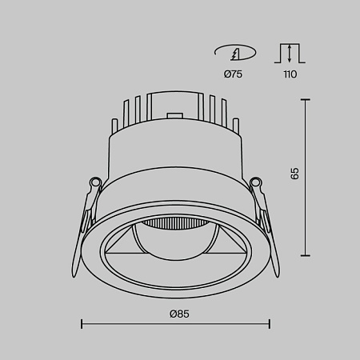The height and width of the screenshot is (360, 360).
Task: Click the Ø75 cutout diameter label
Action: click(x=234, y=74)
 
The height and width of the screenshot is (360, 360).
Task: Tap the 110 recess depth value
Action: click(x=289, y=74)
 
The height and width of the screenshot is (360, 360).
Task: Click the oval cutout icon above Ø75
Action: click(x=234, y=54)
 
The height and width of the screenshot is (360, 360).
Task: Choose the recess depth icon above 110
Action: click(x=289, y=54)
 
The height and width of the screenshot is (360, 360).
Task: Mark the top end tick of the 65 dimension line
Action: click(x=305, y=99)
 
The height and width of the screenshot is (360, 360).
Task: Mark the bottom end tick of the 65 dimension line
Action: click(x=305, y=255)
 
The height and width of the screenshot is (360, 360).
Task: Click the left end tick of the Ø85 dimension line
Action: click(x=82, y=324)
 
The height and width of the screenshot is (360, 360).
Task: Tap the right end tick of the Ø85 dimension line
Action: click(x=270, y=324)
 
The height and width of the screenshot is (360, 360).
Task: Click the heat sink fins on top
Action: click(x=176, y=112)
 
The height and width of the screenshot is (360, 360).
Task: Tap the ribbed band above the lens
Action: click(x=176, y=222)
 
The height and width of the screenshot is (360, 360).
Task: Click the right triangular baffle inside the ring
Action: click(x=234, y=243)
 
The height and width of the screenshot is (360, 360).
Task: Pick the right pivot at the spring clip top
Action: click(x=257, y=184)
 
